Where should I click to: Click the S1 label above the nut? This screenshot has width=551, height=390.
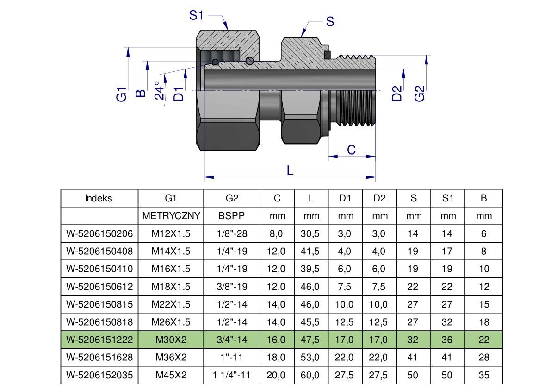pyautogui.click(x=197, y=15)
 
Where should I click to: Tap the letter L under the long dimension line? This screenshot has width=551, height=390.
pyautogui.click(x=290, y=170)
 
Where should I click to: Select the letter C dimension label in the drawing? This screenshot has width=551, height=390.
pyautogui.click(x=351, y=150)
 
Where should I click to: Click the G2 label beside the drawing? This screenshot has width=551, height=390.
pyautogui.click(x=420, y=93)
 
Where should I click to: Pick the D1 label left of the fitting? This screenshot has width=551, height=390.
pyautogui.click(x=179, y=93)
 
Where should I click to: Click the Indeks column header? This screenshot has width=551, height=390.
pyautogui.click(x=99, y=198)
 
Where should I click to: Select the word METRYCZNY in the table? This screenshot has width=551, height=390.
pyautogui.click(x=171, y=216)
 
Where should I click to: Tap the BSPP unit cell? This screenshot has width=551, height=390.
pyautogui.click(x=232, y=216)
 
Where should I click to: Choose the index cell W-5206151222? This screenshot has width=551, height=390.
pyautogui.click(x=99, y=340)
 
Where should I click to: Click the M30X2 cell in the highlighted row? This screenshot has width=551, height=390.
pyautogui.click(x=171, y=340)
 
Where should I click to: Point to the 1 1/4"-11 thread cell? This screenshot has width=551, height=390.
pyautogui.click(x=232, y=375)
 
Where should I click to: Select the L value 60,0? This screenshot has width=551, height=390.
pyautogui.click(x=311, y=375)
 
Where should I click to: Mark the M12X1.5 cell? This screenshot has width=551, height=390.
pyautogui.click(x=171, y=233)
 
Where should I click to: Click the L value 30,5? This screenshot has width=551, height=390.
pyautogui.click(x=311, y=233)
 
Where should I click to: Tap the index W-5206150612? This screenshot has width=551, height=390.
pyautogui.click(x=99, y=287)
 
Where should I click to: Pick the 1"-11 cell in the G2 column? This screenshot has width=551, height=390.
pyautogui.click(x=232, y=357)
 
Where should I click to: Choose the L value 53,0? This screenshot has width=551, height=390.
pyautogui.click(x=311, y=357)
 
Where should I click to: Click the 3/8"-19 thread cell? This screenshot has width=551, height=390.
pyautogui.click(x=232, y=287)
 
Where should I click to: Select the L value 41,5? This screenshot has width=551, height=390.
pyautogui.click(x=311, y=251)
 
